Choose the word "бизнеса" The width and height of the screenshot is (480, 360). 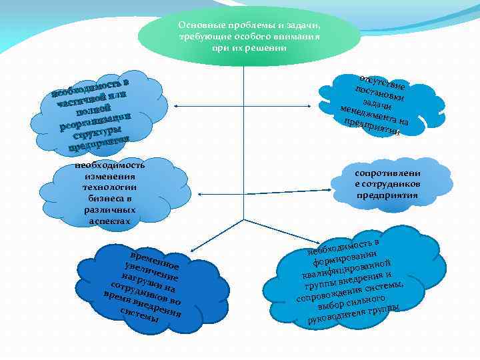coord(106,199)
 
